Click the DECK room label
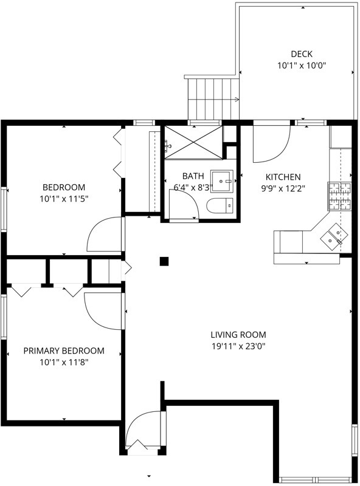coord(302,54)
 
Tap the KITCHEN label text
coord(283,177)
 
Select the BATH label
coord(193,176)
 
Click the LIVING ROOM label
coord(238,335)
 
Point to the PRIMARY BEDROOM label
coord(64,351)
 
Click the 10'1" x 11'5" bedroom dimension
coord(64,199)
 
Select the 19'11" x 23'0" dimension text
coord(238,346)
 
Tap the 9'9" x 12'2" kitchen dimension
coord(283,188)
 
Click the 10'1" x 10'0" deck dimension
coord(302,66)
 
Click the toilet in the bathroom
coord(220,205)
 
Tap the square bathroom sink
coord(222,180)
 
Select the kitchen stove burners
coord(339,196)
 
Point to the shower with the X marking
coord(193,142)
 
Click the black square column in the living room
coord(164,262)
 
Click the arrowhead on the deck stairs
coord(237,100)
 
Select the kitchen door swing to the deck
coord(272,143)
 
